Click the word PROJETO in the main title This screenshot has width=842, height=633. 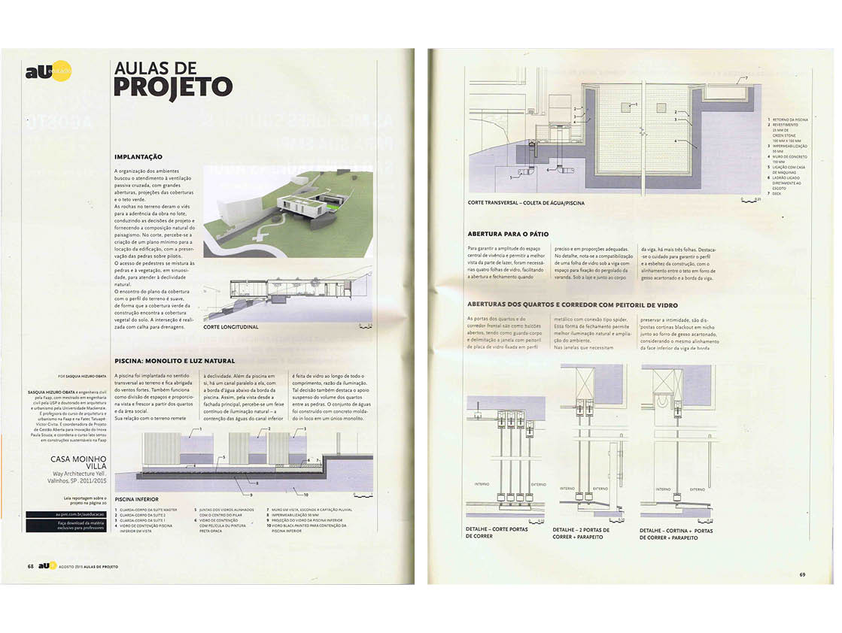[172, 86]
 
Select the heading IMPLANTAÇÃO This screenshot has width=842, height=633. [138, 156]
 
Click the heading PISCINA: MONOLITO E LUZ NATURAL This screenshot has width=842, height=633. [174, 361]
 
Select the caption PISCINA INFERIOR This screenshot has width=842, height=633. [138, 498]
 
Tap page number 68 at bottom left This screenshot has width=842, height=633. [30, 565]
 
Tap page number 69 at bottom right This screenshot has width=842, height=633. [802, 575]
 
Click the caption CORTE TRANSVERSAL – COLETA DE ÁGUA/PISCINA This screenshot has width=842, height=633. [525, 203]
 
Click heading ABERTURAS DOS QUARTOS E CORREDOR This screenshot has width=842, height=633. [572, 305]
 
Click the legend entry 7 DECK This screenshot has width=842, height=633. [775, 194]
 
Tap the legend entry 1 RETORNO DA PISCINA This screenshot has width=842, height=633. [786, 120]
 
